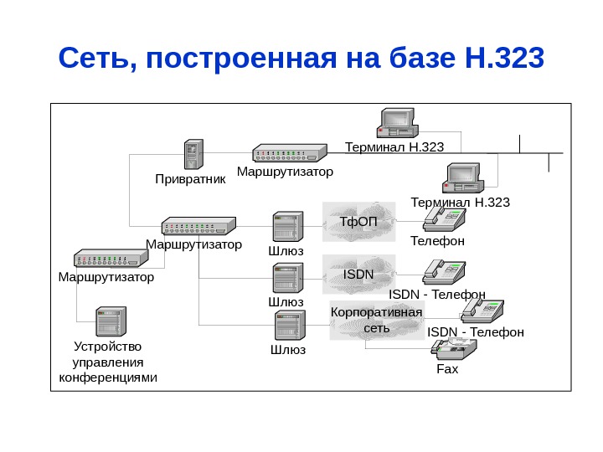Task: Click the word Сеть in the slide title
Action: pos(90,59)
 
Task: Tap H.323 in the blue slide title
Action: pos(502,59)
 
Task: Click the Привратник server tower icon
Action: pos(194,156)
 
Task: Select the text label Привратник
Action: pos(191,179)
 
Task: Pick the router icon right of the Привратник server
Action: pos(289,154)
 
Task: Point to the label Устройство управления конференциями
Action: pos(109,362)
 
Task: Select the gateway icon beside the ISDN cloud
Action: pos(287,277)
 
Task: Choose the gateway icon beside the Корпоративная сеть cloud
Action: pos(290,325)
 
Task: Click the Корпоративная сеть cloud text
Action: pos(377,320)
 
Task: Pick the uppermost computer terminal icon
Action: pos(397,123)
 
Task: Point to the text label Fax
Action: pos(448,368)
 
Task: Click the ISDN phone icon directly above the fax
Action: pos(482,310)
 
